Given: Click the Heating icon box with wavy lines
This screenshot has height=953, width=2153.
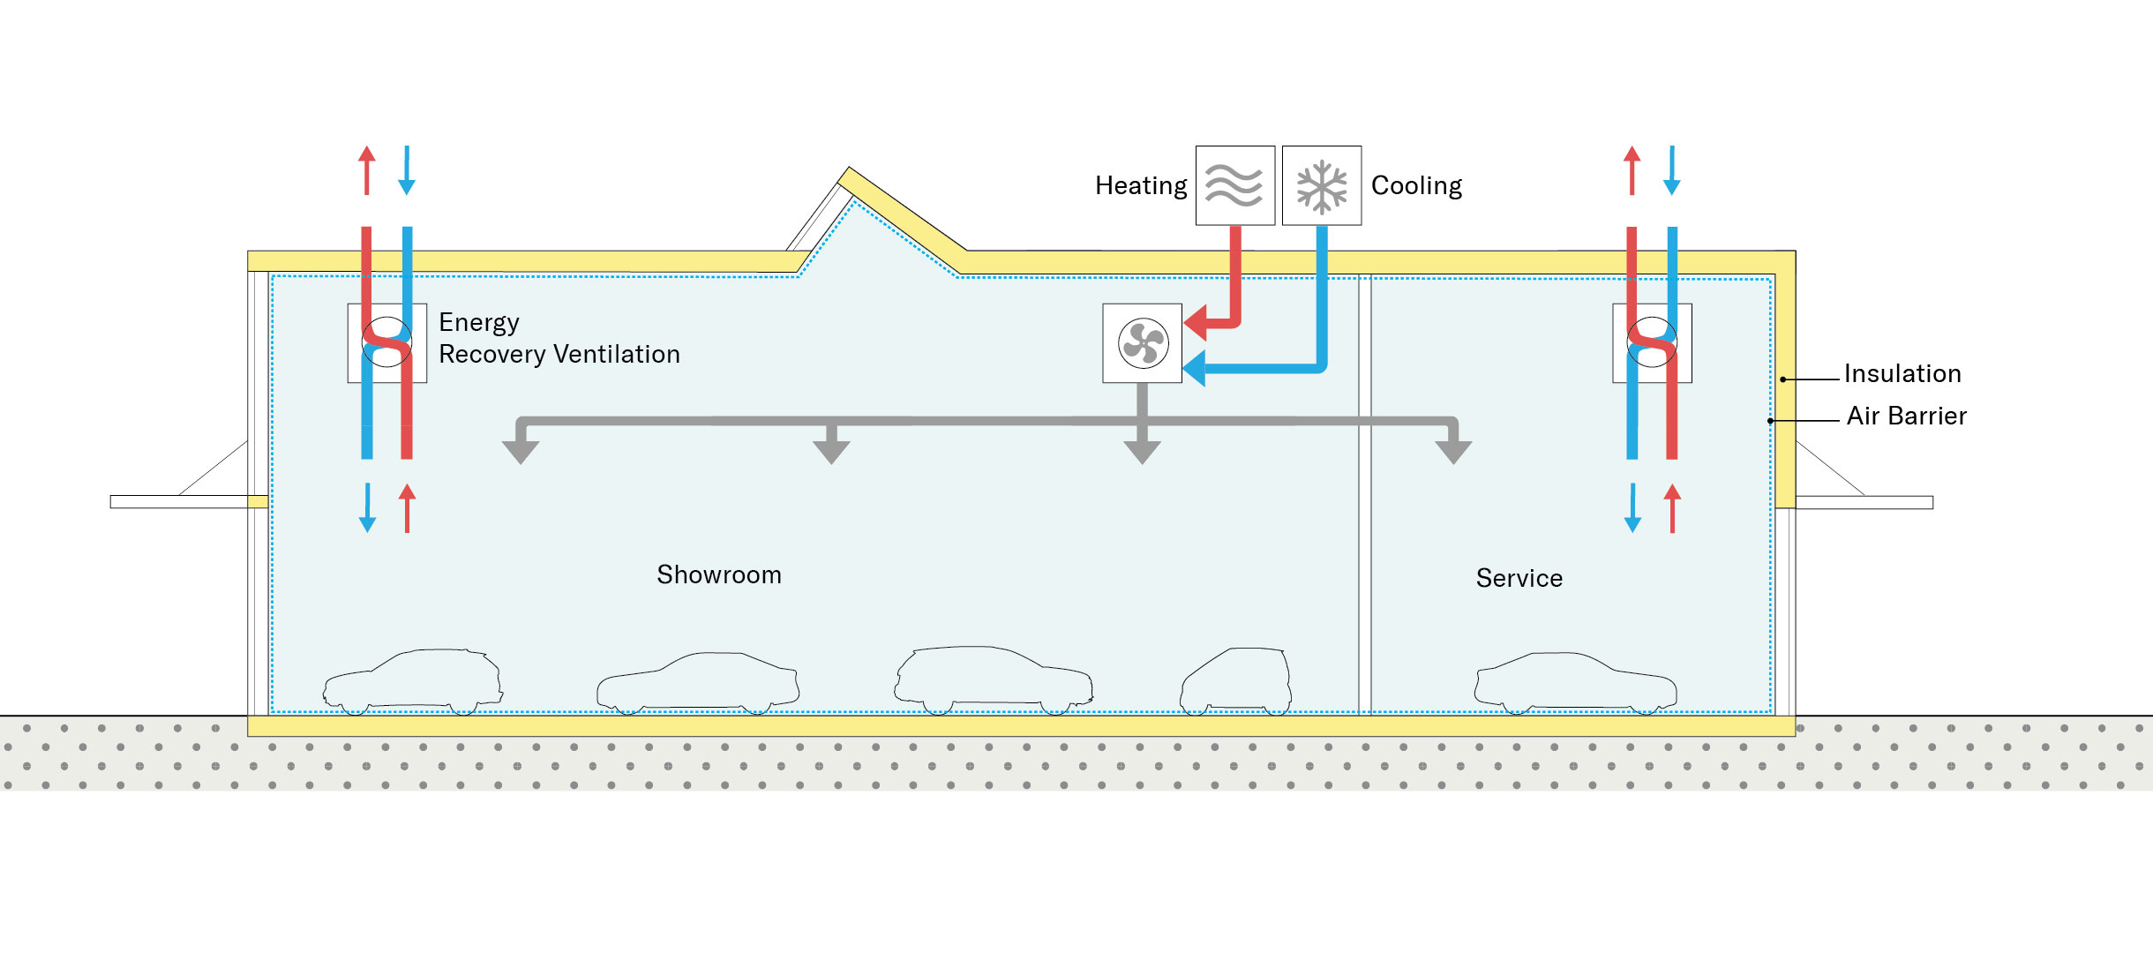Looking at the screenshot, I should coord(1234,185).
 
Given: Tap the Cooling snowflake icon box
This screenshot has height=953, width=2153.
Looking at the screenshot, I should coord(1321,185).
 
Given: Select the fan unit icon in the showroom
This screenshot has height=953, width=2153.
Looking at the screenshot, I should coord(1142,343).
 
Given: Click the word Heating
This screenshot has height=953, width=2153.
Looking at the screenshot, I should coord(1140,186).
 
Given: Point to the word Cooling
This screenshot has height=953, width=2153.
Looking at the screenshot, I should coord(1416,186).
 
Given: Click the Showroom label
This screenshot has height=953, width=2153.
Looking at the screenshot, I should coord(718,575).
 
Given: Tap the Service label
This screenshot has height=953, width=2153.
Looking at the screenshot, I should coord(1519,579).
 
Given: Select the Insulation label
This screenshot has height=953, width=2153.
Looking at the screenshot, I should coord(1902,374).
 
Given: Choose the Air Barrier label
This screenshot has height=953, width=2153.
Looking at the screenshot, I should coord(1906,416).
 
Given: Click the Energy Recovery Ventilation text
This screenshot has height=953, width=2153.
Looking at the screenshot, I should coord(559,338).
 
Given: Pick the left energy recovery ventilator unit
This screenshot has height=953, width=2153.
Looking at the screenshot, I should coord(386,343).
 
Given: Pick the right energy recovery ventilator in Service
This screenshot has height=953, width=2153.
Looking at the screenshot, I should coord(1652,343).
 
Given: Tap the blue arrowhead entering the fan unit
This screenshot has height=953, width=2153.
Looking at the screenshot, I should coord(1195,368).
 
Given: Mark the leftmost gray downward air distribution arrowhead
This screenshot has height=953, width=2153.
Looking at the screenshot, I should coord(521,451).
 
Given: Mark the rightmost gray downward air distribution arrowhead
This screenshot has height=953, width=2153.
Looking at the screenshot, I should coord(1453,451).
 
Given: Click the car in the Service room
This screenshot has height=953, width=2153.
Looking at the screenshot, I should coord(1575,683).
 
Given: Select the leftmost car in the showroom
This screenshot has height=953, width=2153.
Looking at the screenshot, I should coord(413,682).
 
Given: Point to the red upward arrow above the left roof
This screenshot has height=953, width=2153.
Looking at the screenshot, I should coord(367,169).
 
